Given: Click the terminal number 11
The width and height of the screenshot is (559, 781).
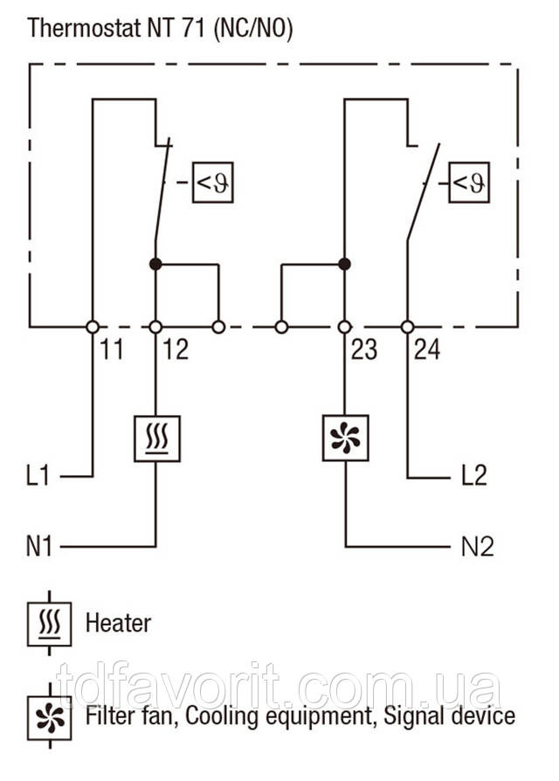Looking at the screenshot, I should [111, 350].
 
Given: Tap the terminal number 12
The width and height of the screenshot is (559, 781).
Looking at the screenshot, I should [175, 350].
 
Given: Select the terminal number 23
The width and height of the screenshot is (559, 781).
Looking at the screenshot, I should [363, 350].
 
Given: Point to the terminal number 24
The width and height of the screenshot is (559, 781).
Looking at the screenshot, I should [426, 350].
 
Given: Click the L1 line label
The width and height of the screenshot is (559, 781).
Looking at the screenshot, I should [39, 477].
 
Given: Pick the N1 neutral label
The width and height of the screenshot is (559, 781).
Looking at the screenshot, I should [39, 548].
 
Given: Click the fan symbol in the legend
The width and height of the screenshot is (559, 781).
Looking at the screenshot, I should [50, 716].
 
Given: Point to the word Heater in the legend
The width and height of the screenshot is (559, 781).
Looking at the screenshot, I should [118, 623].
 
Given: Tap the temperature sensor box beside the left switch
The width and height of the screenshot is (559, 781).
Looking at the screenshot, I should [213, 182].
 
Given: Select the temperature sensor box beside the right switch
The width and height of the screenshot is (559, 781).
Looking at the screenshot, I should [470, 182].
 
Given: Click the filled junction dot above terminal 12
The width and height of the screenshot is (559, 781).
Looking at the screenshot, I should [155, 263].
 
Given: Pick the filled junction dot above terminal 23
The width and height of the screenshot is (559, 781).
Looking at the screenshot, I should [344, 263].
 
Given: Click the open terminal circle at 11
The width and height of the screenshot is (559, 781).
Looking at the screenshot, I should [92, 327].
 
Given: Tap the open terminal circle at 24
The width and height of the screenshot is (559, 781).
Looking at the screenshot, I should [407, 327].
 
